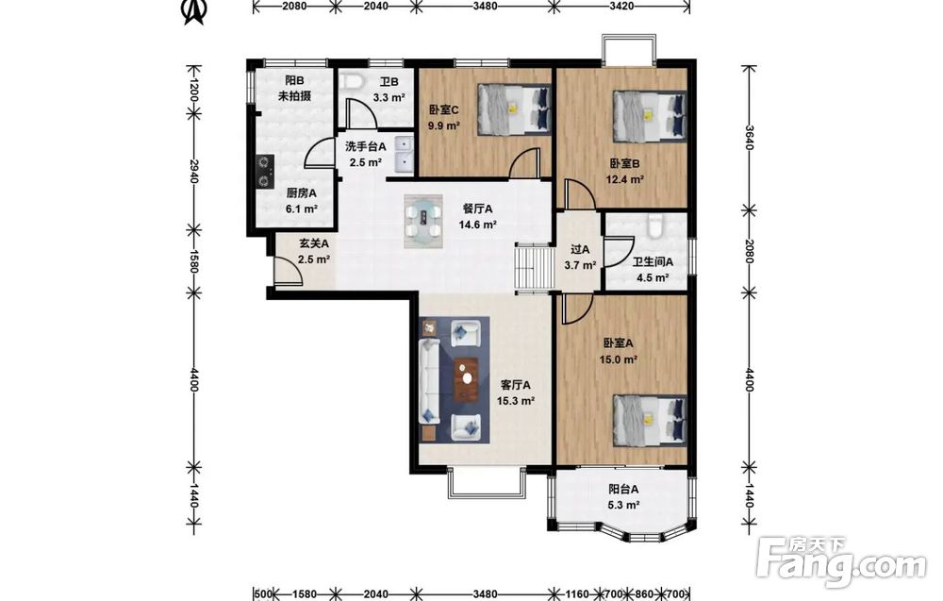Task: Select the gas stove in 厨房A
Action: [264, 172]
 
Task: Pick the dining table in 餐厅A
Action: [423, 221]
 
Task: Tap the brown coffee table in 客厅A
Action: [466, 379]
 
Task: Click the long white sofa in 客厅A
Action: [429, 381]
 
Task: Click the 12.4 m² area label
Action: [625, 179]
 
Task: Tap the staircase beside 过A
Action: [534, 268]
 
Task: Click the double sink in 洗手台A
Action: [403, 154]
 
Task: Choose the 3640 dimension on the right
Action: [748, 139]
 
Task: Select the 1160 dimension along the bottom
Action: [577, 594]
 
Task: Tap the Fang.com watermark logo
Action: [842, 561]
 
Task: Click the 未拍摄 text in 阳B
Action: [294, 96]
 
